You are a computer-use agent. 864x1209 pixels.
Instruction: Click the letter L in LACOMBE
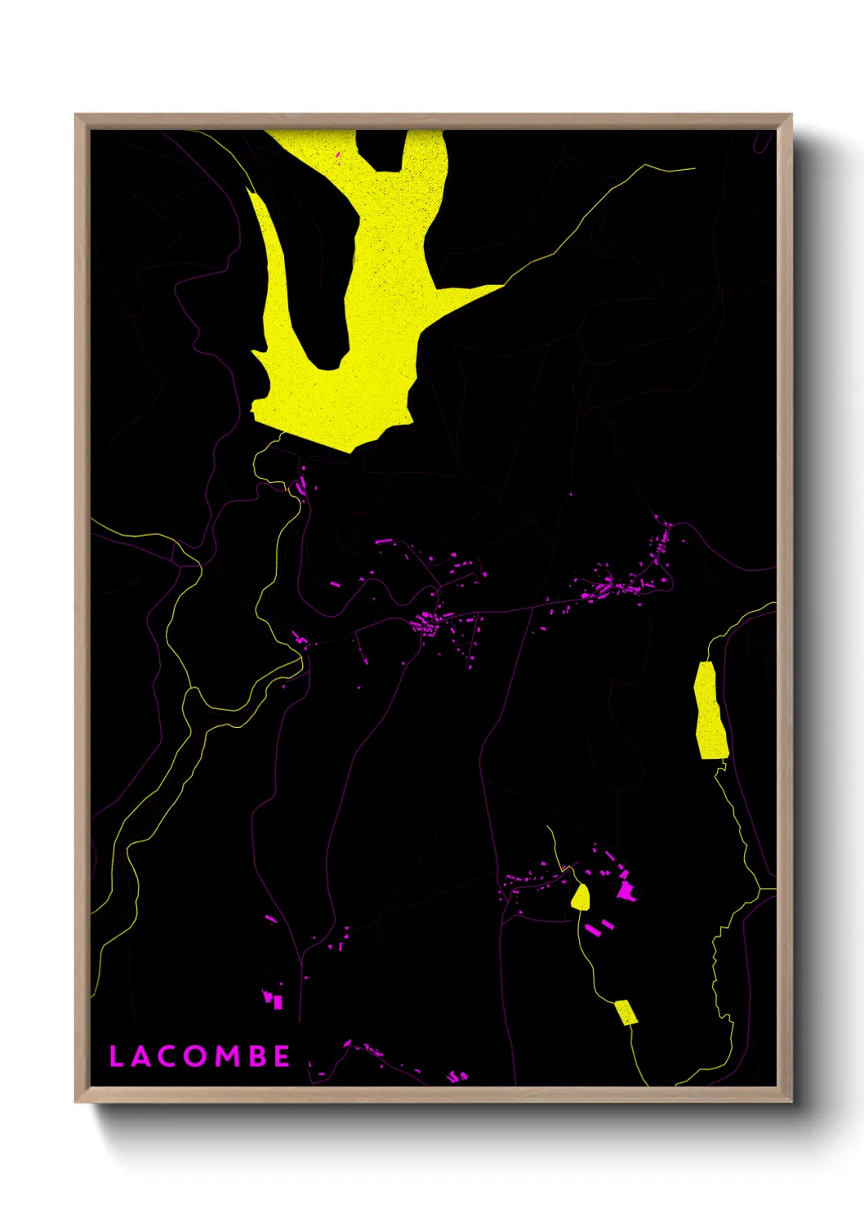[x=116, y=1056]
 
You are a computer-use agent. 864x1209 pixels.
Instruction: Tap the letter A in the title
[x=140, y=1056]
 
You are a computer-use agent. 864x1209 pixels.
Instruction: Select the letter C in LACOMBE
[x=167, y=1056]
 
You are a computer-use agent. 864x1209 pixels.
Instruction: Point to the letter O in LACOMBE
[x=195, y=1056]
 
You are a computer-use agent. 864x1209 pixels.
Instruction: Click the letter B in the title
[x=256, y=1056]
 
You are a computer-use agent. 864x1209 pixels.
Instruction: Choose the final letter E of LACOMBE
[x=282, y=1056]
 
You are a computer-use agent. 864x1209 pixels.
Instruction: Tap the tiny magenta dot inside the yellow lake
[x=338, y=154]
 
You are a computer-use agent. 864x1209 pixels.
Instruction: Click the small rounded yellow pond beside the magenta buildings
[x=581, y=897]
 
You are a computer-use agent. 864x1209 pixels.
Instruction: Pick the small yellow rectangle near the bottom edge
[x=626, y=1012]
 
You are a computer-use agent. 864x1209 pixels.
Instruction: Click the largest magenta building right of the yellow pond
[x=627, y=890]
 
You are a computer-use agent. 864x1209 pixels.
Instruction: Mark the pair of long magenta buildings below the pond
[x=599, y=926]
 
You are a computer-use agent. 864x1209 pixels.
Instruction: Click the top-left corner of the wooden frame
[x=77, y=115]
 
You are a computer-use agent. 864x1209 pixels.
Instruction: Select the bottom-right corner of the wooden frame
[x=791, y=1102]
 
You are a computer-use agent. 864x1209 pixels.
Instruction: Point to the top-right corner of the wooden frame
[x=791, y=115]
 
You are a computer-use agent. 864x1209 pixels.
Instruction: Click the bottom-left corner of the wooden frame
[x=77, y=1102]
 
